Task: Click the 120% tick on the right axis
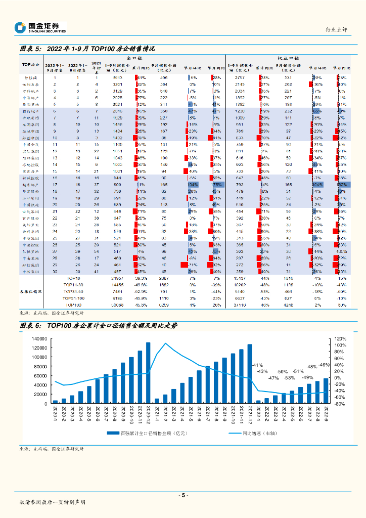coord(340,338)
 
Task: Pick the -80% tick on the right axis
coord(340,404)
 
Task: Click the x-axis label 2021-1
coord(157,418)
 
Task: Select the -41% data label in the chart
coord(257,365)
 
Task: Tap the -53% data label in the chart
coord(289,378)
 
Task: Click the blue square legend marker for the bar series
coord(109,433)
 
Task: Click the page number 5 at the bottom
coord(183,495)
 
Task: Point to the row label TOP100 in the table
coord(74,305)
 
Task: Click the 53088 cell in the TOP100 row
coord(117,305)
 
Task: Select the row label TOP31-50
coord(74,291)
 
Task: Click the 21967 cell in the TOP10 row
coord(117,278)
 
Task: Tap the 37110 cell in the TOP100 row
coord(240,305)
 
